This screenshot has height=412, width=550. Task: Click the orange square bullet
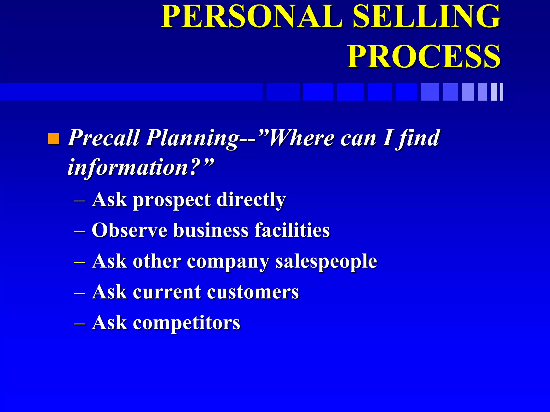53,139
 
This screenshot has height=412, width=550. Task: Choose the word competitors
186,323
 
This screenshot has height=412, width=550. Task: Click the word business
211,230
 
